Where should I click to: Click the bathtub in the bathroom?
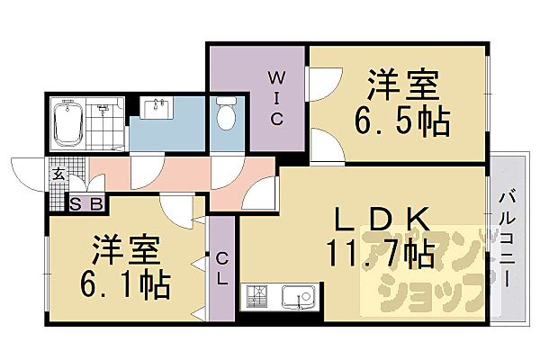pyautogui.click(x=68, y=123)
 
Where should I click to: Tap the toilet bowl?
pyautogui.click(x=226, y=115)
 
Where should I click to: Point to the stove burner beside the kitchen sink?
pyautogui.click(x=256, y=295)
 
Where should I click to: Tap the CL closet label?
pyautogui.click(x=221, y=268)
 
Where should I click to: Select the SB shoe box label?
pyautogui.click(x=87, y=203)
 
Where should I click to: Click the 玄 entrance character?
pyautogui.click(x=58, y=175)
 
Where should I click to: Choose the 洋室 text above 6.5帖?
pyautogui.click(x=402, y=87)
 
